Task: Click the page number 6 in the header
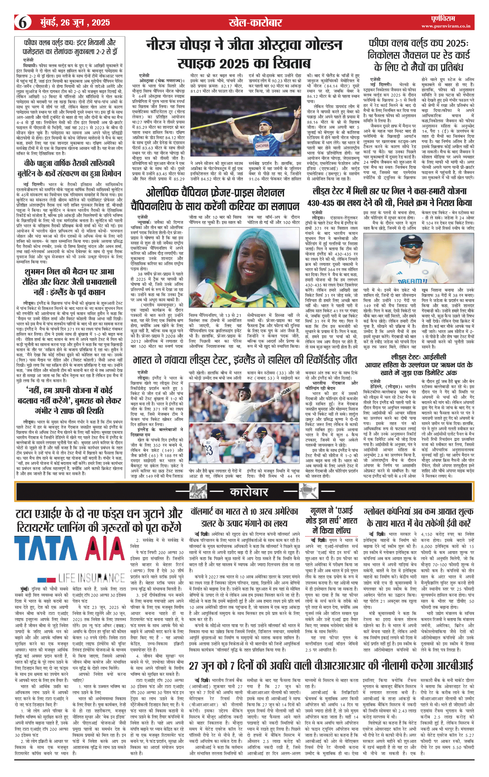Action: point(23,23)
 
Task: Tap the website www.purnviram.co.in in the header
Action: point(446,26)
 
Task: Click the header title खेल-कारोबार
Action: point(255,23)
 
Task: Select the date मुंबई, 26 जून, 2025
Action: point(75,23)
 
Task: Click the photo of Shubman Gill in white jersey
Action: point(418,258)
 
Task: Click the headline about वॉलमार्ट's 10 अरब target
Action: point(244,517)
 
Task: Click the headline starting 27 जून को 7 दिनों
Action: point(331,665)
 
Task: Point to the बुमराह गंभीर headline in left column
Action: point(69,400)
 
